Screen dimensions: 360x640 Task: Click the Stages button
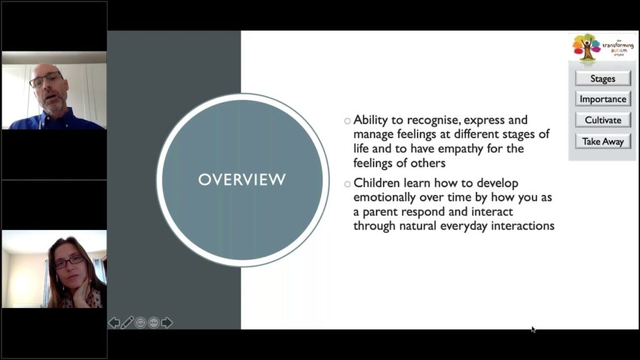[x=602, y=79]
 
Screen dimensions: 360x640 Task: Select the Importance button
[x=602, y=99]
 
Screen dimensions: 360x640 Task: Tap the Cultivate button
[x=602, y=120]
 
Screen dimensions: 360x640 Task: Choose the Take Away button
[x=602, y=141]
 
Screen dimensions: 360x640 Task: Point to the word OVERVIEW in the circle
[x=242, y=180]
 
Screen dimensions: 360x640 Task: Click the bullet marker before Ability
[x=347, y=121]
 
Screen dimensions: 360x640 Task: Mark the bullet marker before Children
[x=347, y=184]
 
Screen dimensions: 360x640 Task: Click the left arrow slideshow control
[x=114, y=322]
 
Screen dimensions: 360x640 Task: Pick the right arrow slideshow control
[x=167, y=322]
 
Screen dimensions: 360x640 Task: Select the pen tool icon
[x=127, y=322]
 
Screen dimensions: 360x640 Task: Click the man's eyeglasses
[x=46, y=81]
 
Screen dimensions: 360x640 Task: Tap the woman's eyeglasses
[x=69, y=261]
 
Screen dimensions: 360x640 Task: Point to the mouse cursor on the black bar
[x=533, y=329]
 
